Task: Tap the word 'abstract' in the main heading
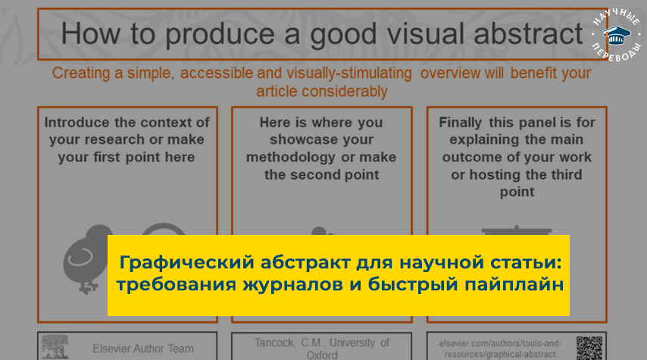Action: pos(528,34)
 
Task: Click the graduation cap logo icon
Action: pos(617,36)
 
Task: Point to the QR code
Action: pos(589,348)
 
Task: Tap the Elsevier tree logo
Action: pos(55,346)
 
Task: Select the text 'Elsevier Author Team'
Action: pos(143,349)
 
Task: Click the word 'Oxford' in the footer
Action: pos(322,355)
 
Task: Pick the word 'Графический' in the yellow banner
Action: pos(186,262)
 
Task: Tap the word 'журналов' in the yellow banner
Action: pos(292,284)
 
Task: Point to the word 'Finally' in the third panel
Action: pos(460,123)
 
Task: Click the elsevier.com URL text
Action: pos(500,349)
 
